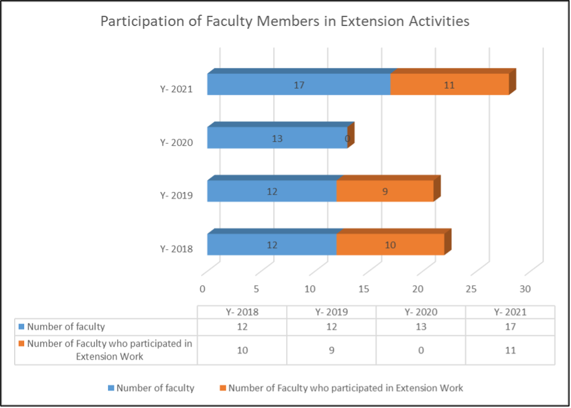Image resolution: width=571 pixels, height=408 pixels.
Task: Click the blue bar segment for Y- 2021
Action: coord(298,84)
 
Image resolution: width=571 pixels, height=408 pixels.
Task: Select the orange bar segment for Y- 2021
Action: coord(449,84)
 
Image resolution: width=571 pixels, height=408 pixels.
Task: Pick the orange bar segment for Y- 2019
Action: coord(385,191)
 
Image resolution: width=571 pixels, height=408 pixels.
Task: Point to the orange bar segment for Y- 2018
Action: coord(390,244)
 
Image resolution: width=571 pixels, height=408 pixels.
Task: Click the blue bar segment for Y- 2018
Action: coord(272,244)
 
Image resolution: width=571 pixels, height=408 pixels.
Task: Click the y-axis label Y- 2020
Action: coord(176,142)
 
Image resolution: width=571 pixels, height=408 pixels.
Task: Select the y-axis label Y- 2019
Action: coord(176,195)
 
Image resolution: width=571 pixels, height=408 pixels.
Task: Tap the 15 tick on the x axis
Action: coord(363,289)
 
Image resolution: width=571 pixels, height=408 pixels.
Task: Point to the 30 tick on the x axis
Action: coord(525,289)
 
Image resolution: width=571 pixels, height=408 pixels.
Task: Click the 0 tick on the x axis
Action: coord(202,289)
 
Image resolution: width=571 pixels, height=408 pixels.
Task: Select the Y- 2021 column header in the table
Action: coord(510,312)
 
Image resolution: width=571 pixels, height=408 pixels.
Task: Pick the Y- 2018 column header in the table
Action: coord(242,312)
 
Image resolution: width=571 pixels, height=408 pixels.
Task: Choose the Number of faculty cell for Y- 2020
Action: coord(421,327)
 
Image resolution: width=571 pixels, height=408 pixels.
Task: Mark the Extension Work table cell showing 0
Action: coord(421,350)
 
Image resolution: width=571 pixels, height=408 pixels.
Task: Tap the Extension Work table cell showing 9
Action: coord(332,350)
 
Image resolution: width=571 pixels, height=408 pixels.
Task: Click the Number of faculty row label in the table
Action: coord(66,327)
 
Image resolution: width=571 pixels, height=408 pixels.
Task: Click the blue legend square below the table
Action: coord(110,389)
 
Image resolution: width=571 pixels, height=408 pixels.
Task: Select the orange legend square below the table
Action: coord(222,389)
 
